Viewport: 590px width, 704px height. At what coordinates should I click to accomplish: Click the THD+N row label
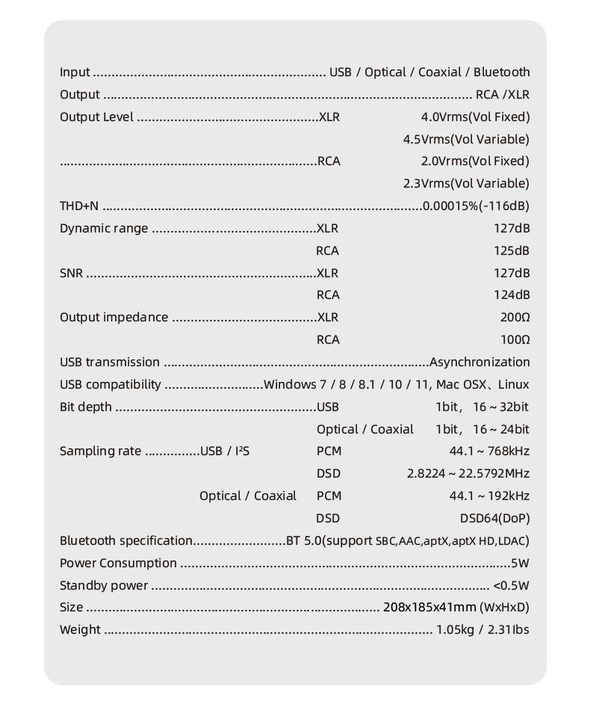(x=79, y=206)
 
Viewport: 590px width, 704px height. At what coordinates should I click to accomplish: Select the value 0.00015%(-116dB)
(x=476, y=206)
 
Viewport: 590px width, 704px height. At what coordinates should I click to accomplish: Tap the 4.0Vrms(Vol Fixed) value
(x=475, y=117)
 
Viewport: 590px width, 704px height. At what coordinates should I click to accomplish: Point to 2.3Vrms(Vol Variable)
(x=466, y=184)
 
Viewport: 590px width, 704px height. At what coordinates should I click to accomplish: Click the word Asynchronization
(x=479, y=362)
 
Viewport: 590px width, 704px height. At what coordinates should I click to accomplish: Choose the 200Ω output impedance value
(x=515, y=318)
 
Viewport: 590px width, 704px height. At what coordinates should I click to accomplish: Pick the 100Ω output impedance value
(x=515, y=340)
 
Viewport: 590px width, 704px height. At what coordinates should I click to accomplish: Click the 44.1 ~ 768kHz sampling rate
(x=489, y=451)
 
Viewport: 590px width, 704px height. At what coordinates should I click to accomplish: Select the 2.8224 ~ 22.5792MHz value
(x=468, y=474)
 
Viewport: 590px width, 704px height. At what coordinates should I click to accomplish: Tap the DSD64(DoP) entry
(x=494, y=519)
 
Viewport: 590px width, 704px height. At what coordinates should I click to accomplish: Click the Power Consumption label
(x=118, y=563)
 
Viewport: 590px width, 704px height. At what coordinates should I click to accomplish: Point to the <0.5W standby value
(x=511, y=586)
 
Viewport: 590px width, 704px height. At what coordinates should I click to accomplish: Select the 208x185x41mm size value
(x=429, y=608)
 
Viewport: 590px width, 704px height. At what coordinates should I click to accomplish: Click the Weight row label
(x=80, y=630)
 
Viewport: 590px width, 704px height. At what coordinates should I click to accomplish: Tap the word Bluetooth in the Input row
(x=501, y=72)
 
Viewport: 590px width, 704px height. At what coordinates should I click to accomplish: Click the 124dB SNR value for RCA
(x=512, y=295)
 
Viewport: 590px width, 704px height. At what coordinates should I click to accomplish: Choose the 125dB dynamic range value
(x=512, y=251)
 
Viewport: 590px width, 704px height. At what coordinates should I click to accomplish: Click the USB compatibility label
(x=110, y=385)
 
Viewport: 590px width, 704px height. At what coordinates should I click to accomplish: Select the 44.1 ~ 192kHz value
(x=489, y=496)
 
